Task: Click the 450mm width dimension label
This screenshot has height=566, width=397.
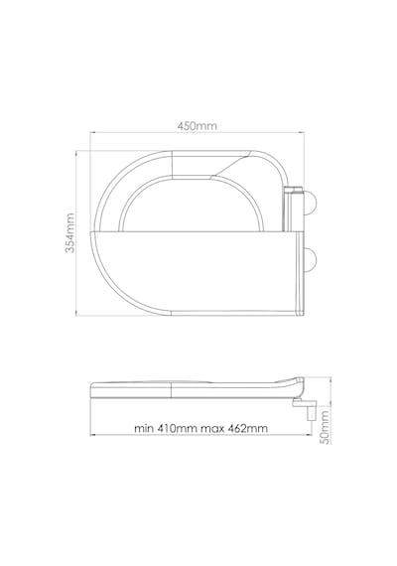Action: (x=198, y=126)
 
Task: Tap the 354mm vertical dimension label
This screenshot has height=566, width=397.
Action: (x=70, y=232)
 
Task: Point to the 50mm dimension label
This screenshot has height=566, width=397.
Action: (x=325, y=427)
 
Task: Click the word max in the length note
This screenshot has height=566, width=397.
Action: (x=211, y=428)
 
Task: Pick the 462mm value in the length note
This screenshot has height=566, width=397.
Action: (x=247, y=428)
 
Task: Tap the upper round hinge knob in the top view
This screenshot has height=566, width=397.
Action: (x=311, y=202)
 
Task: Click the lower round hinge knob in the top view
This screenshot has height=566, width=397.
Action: (x=311, y=259)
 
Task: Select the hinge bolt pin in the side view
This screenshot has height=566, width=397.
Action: (x=311, y=412)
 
